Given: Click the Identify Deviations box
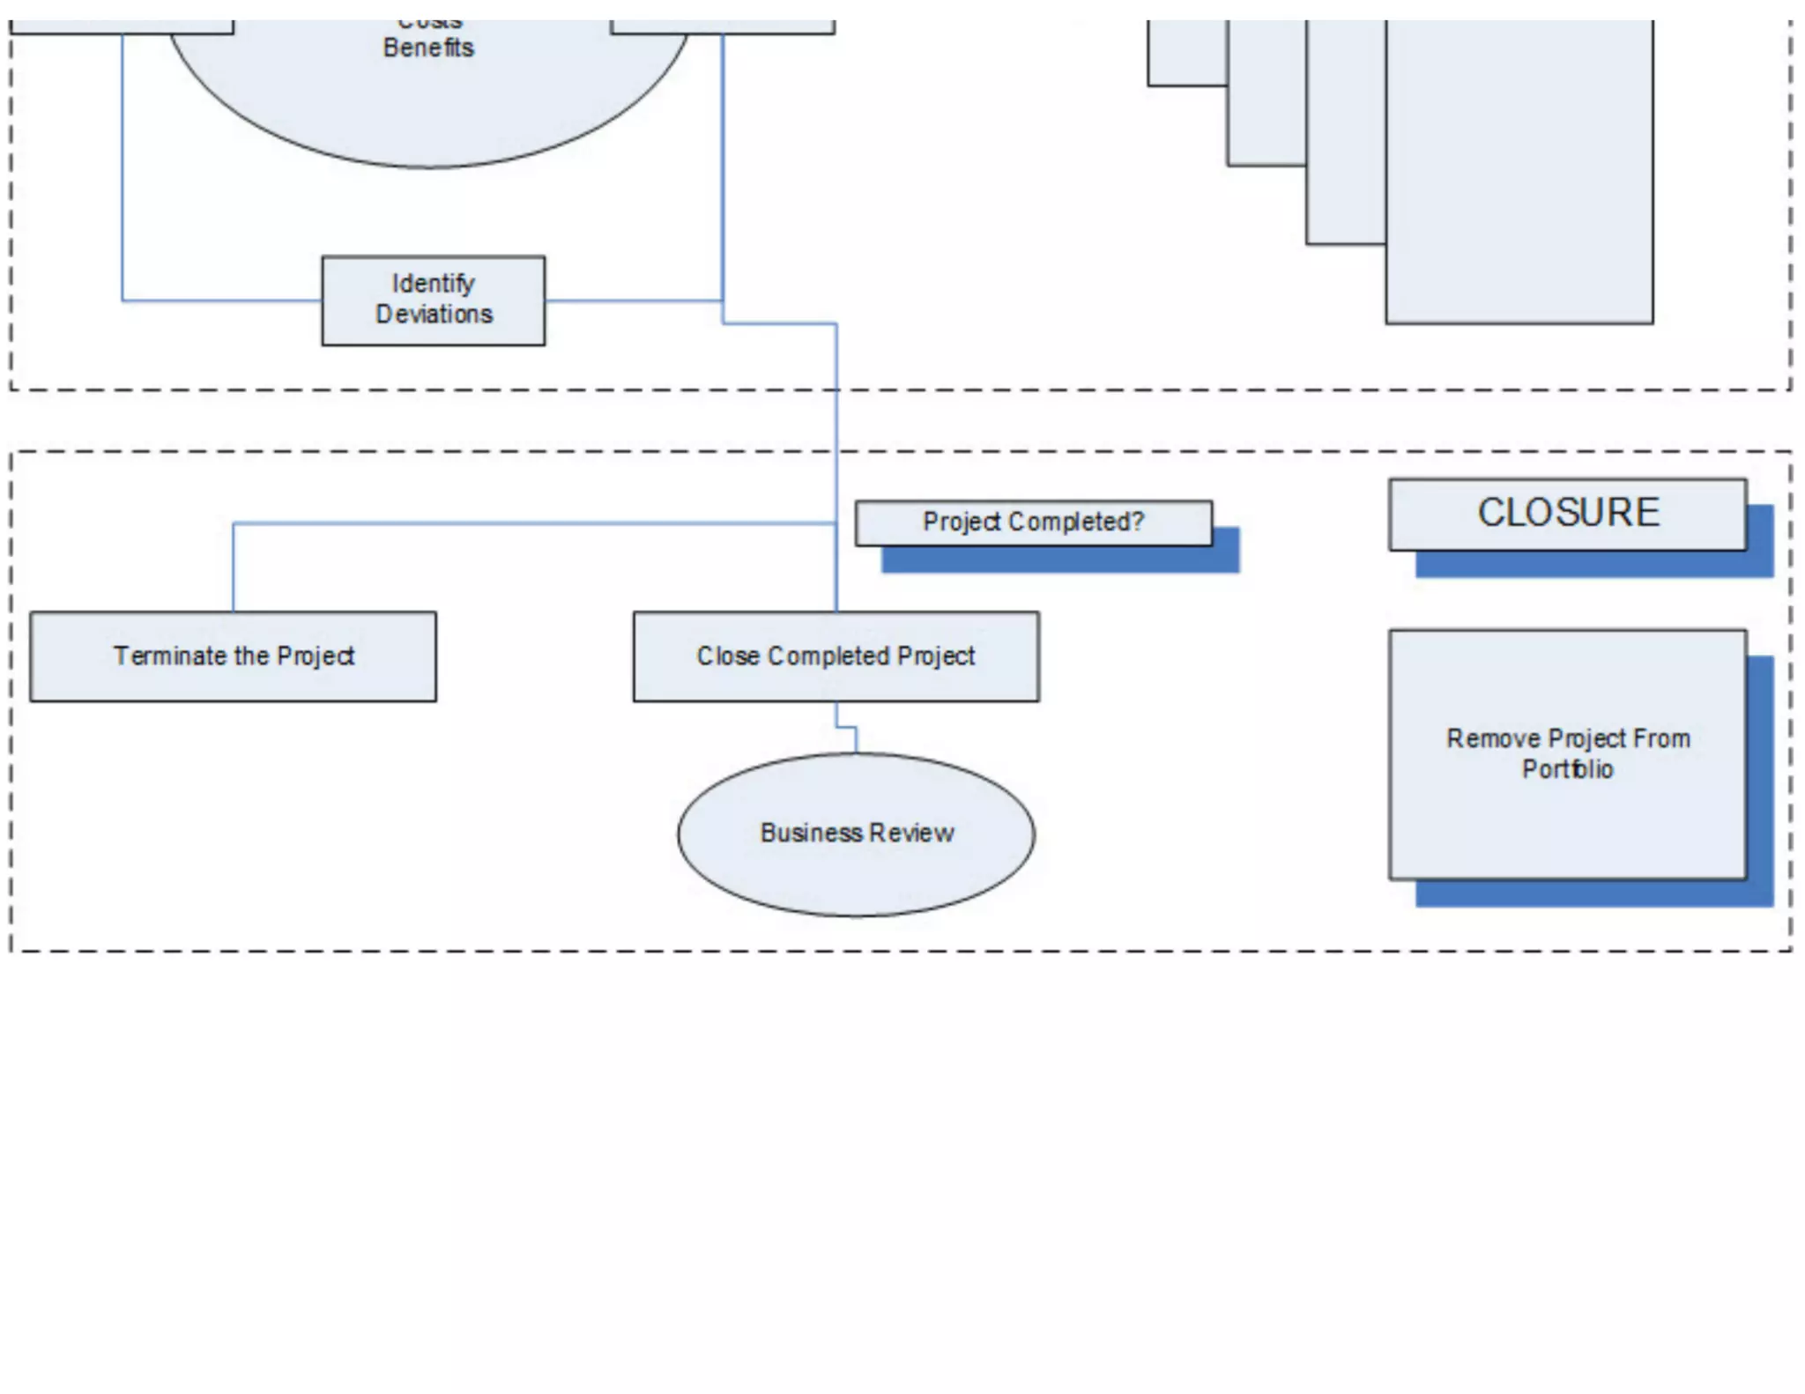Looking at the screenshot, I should point(433,300).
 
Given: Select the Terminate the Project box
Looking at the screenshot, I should point(233,656).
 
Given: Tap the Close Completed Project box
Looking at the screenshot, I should point(836,656).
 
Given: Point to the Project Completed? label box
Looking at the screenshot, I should point(1033,523).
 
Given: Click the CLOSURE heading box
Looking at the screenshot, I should point(1567,514).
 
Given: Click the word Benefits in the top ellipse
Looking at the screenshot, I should point(428,48).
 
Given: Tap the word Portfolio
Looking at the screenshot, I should point(1567,769).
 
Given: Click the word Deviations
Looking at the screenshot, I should point(435,315).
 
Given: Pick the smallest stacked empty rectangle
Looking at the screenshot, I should point(1186,53).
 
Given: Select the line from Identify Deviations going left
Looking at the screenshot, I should point(220,300).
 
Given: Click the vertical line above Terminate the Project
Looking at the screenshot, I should point(234,568).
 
